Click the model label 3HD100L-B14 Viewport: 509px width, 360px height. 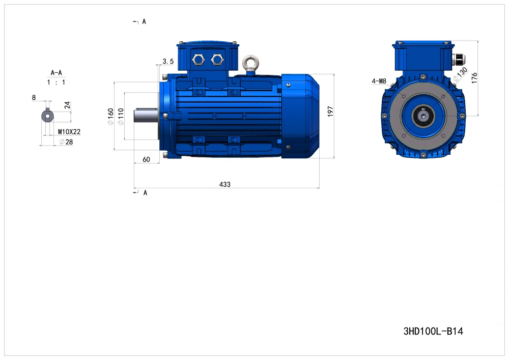coord(433,331)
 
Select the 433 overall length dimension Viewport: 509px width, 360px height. coord(224,184)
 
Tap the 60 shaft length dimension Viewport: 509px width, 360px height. coord(147,159)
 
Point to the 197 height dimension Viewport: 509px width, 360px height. coord(330,112)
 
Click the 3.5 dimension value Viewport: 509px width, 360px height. coord(168,61)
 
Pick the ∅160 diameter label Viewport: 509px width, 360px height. coord(110,117)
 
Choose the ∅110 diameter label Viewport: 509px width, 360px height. coord(121,117)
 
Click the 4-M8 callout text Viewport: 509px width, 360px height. coord(379,81)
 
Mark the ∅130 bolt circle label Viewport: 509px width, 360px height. coord(461,74)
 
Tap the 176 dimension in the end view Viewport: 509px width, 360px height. coord(474,78)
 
